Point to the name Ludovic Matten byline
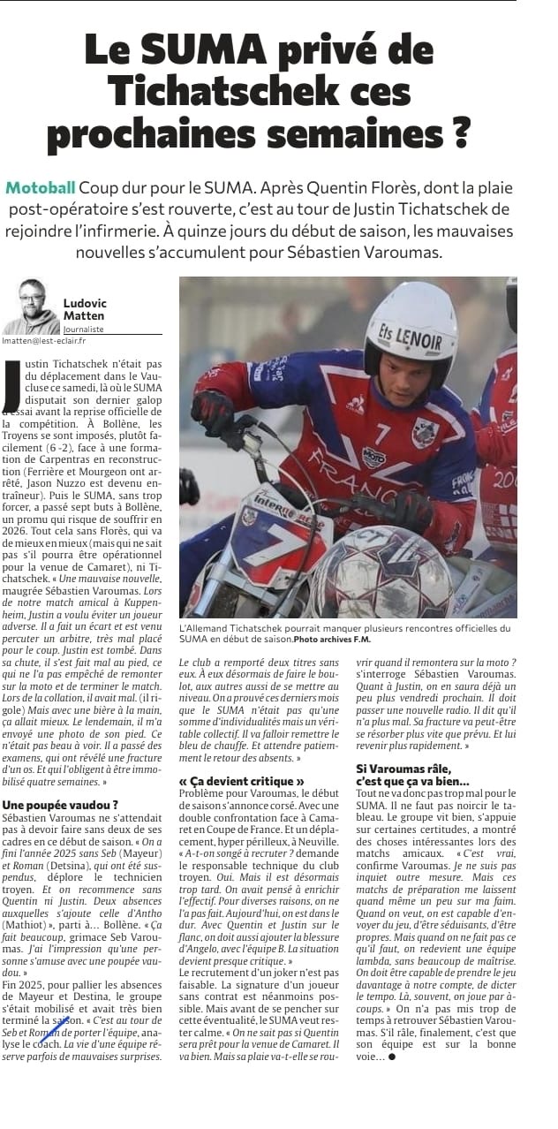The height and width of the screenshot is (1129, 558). tap(85, 308)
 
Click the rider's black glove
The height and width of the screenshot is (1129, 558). tap(212, 411)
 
